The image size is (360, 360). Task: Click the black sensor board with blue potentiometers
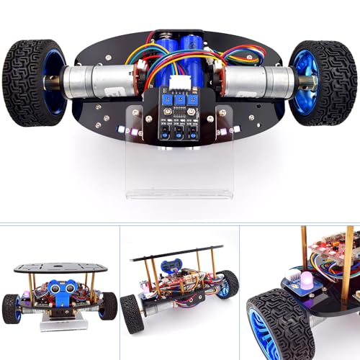tap(179, 112)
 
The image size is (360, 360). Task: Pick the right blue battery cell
tap(193, 50)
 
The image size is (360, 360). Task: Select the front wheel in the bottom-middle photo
tap(134, 314)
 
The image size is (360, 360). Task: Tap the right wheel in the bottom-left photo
tap(108, 306)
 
